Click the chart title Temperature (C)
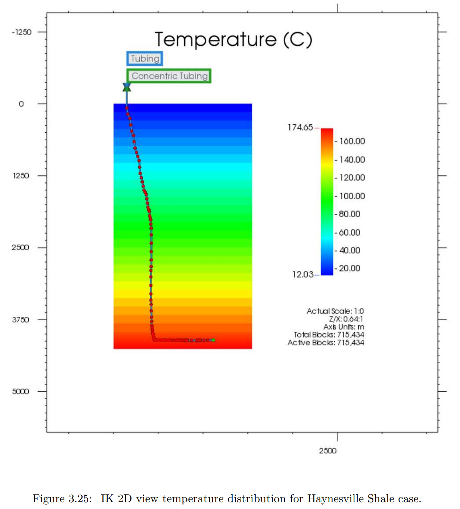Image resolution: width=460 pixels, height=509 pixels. click(x=233, y=39)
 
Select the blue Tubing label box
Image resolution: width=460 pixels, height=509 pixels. click(x=145, y=59)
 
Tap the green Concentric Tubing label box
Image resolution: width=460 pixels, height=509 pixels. click(x=169, y=76)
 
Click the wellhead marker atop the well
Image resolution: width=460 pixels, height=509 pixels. click(x=127, y=87)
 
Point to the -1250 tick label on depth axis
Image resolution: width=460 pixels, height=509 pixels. click(x=22, y=32)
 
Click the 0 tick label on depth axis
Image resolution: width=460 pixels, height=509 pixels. click(x=21, y=104)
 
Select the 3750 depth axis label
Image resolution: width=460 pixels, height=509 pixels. click(x=20, y=320)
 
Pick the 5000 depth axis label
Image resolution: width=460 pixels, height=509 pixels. click(x=20, y=392)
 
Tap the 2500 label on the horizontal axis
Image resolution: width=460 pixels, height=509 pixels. click(x=328, y=451)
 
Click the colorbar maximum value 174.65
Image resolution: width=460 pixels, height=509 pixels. click(x=300, y=128)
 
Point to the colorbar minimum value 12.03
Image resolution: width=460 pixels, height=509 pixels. click(x=303, y=274)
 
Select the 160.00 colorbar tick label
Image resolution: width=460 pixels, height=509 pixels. click(x=352, y=141)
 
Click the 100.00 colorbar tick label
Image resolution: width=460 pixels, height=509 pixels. click(x=352, y=196)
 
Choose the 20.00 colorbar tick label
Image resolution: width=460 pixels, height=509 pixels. click(x=349, y=268)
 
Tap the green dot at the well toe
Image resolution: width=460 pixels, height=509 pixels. click(x=213, y=340)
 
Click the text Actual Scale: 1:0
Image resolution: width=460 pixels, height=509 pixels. click(x=335, y=311)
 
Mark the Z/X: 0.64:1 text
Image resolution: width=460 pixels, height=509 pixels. click(x=346, y=319)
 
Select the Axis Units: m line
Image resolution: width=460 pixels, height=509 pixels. click(x=344, y=327)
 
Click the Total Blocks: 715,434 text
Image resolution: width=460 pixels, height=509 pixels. click(x=329, y=335)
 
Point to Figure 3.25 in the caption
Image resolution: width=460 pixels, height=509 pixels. click(x=62, y=499)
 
